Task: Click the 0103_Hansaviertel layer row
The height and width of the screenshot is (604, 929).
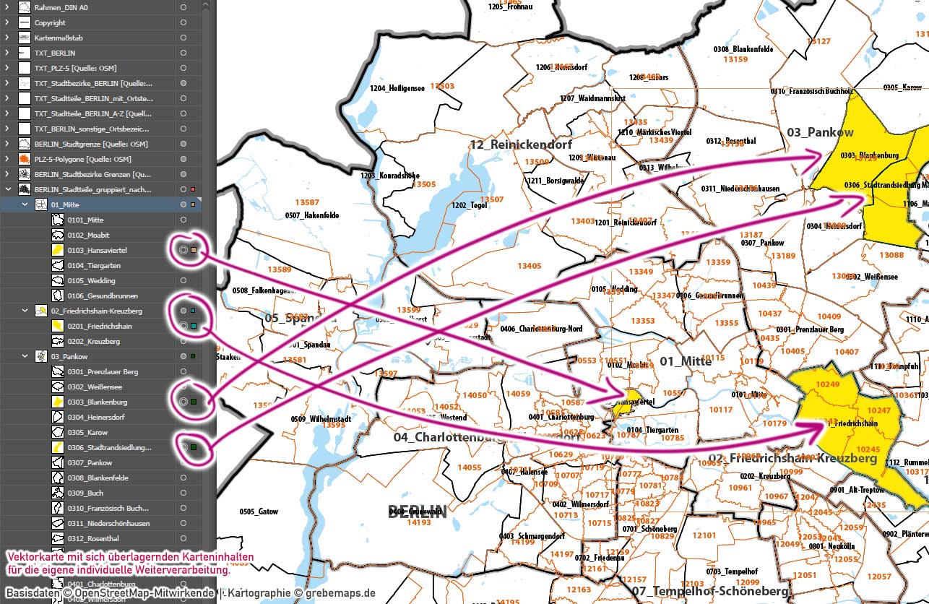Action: click(98, 250)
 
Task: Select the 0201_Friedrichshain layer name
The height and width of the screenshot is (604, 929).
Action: click(100, 326)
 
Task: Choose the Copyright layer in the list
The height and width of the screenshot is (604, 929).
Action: click(50, 22)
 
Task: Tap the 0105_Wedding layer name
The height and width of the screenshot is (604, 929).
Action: click(91, 280)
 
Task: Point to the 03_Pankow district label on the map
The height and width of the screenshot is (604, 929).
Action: click(820, 132)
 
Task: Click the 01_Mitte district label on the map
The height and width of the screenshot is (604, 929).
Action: click(686, 361)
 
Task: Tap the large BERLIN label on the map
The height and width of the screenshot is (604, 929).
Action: click(417, 512)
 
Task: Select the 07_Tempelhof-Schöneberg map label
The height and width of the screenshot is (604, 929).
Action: click(710, 592)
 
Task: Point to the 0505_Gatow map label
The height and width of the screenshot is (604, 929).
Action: click(259, 512)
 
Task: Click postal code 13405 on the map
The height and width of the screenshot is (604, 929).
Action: click(529, 266)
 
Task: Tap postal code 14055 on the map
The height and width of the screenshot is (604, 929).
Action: click(470, 467)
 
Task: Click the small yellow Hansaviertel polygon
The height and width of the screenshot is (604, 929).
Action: click(626, 402)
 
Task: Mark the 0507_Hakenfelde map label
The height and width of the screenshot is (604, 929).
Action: click(312, 215)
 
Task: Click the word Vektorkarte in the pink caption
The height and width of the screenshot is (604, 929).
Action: click(33, 558)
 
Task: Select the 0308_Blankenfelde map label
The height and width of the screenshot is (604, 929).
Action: click(743, 49)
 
